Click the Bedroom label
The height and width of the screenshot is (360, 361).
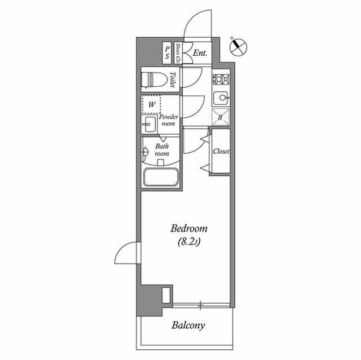[189, 229]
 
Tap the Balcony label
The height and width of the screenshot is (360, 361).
[188, 325]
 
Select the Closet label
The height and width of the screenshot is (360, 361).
[221, 152]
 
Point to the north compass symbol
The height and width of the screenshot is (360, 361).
[239, 46]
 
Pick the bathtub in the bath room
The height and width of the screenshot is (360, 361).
[161, 178]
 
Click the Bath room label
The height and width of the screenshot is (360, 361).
[162, 149]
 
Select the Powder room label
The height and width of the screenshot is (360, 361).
[169, 120]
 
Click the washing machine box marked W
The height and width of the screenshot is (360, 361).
[151, 104]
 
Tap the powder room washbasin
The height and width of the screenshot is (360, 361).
[149, 124]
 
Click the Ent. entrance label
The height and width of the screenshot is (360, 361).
[200, 54]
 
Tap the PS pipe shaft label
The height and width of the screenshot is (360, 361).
[167, 53]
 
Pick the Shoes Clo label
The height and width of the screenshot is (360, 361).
[178, 52]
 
